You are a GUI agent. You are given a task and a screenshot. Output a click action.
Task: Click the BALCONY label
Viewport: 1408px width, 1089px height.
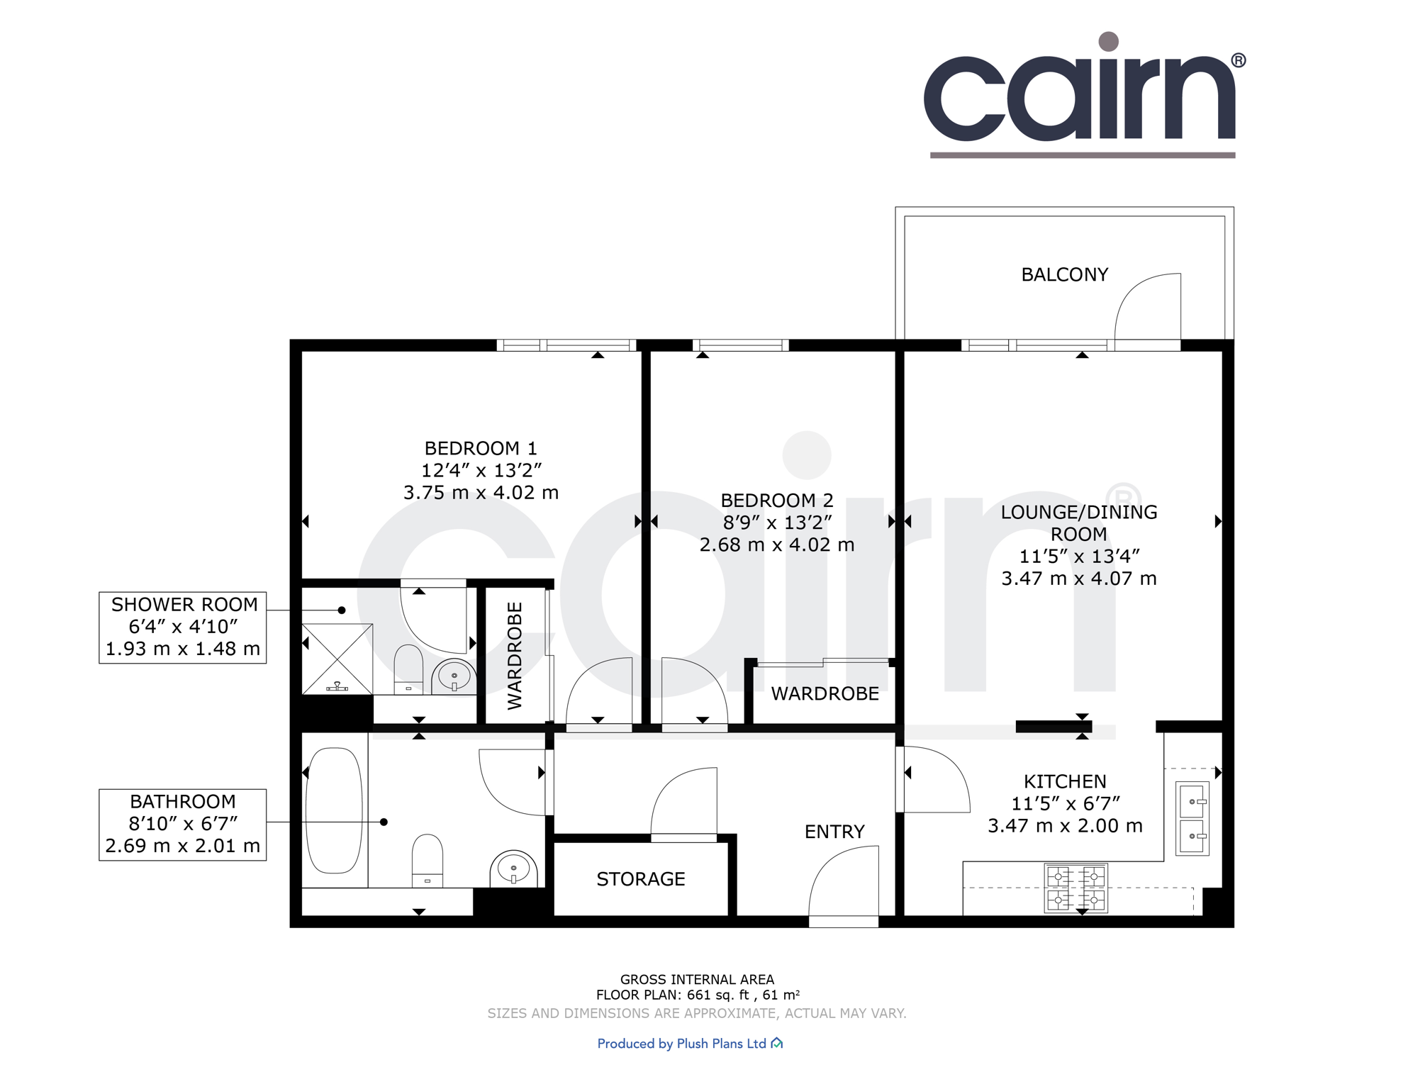point(1063,275)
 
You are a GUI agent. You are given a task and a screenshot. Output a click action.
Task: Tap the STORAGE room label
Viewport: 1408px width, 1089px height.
point(640,879)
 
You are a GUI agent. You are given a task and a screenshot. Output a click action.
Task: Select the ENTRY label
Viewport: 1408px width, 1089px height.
point(834,832)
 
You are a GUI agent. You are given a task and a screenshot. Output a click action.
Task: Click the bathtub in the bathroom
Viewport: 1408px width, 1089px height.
point(334,811)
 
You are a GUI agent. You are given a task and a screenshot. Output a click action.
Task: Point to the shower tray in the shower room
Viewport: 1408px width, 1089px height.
point(337,659)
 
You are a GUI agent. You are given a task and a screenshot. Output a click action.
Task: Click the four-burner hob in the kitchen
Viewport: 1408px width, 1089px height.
point(1075,888)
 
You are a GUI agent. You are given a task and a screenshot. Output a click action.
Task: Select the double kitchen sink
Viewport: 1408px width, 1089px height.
point(1192,818)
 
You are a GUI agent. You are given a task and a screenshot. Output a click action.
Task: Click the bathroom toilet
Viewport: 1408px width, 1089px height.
point(427,859)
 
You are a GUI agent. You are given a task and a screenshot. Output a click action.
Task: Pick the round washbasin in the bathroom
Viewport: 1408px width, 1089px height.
point(513,869)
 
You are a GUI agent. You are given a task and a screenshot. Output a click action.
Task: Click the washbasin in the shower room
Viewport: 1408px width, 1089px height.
point(454,676)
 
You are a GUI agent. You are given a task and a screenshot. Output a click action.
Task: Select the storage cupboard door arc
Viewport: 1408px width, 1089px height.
point(683,801)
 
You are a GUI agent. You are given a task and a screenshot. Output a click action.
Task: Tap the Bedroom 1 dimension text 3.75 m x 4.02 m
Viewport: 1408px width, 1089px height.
point(481,493)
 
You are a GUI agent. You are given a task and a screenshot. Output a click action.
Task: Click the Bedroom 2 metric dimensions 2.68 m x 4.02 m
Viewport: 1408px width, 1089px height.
point(776,545)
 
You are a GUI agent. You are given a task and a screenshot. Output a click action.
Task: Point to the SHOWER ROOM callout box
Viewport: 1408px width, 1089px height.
point(183,627)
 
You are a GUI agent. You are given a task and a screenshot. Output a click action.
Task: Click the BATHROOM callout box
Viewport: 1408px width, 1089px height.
point(183,825)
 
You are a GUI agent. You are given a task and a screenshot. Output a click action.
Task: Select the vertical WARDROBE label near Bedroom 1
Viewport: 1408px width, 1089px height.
point(515,656)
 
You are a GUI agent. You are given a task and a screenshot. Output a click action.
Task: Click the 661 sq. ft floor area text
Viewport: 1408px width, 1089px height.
point(718,995)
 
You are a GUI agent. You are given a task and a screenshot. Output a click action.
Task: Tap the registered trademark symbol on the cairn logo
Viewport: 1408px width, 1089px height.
point(1238,61)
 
